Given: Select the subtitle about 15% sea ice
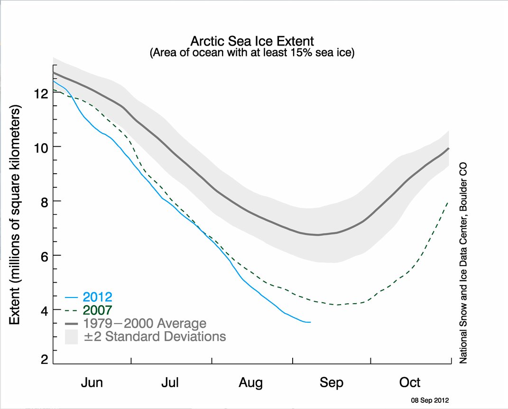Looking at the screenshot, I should coord(252,53).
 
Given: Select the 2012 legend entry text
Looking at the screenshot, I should coord(97,297).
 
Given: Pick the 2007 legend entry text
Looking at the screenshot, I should coord(97,311).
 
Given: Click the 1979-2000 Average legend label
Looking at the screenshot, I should coord(145,324).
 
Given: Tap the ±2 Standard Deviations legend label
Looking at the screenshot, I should coord(154,337).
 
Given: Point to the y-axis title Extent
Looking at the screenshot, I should coord(15,216).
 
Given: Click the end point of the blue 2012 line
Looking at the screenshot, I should coord(310,322).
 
